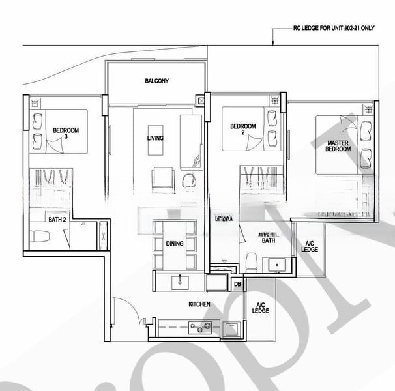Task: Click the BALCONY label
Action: [x=156, y=81]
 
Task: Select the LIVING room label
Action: [x=155, y=138]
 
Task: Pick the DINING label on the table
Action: [x=175, y=244]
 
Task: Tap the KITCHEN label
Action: [x=199, y=304]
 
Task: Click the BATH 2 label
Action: [x=56, y=220]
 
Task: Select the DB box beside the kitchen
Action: [x=237, y=283]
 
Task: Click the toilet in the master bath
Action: [x=250, y=261]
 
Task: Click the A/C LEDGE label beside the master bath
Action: [x=310, y=247]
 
